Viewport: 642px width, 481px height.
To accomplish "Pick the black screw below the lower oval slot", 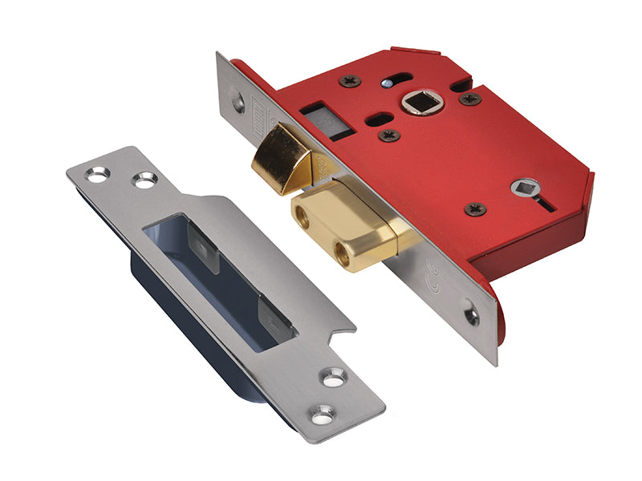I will pos(390,135).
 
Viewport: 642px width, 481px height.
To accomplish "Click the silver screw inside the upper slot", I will pos(388,82).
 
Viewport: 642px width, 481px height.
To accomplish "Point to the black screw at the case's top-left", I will pos(351,81).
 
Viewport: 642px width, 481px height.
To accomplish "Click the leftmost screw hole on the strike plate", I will pos(97,172).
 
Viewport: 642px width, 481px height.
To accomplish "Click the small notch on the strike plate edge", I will pos(345,328).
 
